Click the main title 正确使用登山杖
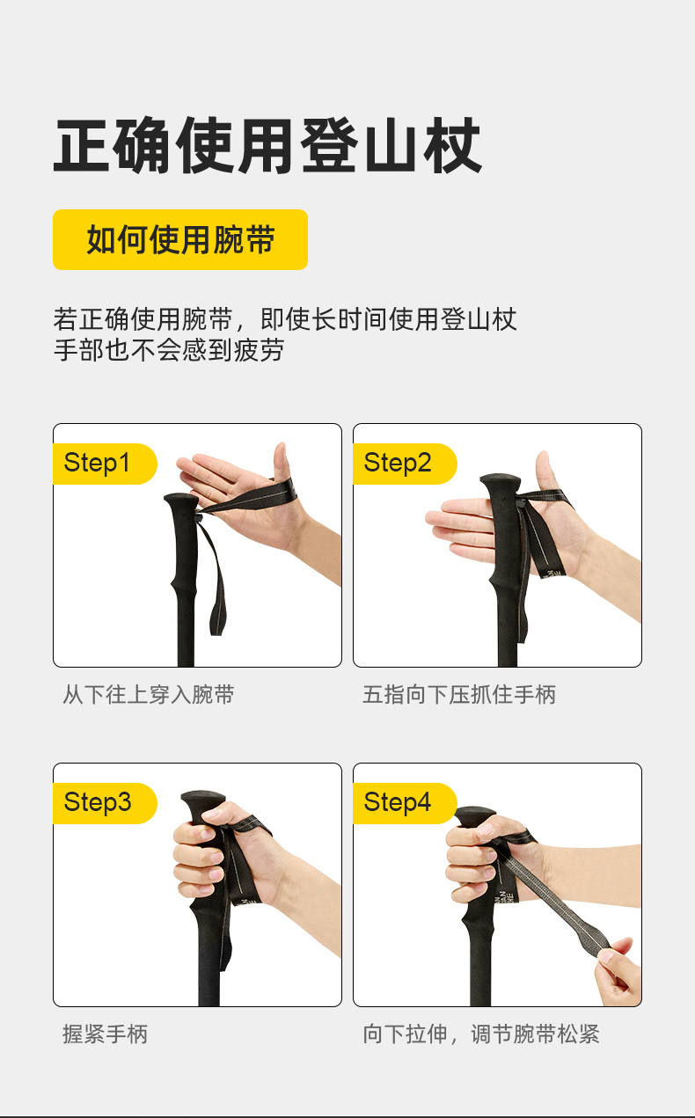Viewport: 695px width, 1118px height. point(267,145)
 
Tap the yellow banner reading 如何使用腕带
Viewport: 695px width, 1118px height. point(180,239)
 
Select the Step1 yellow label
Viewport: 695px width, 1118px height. point(105,464)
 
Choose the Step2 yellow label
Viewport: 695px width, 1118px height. point(405,464)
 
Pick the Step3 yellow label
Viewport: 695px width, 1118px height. point(105,803)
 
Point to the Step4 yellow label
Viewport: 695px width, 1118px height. point(405,803)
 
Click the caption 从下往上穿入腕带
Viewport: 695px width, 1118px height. point(149,694)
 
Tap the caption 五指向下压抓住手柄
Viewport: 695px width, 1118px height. point(459,694)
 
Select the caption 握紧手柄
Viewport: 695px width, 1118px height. point(106,1034)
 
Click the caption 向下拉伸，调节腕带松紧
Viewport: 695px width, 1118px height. point(481,1034)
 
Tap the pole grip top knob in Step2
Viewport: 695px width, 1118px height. point(501,482)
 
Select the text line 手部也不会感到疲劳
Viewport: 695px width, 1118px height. point(169,350)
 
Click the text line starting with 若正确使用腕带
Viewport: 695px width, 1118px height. point(285,319)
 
